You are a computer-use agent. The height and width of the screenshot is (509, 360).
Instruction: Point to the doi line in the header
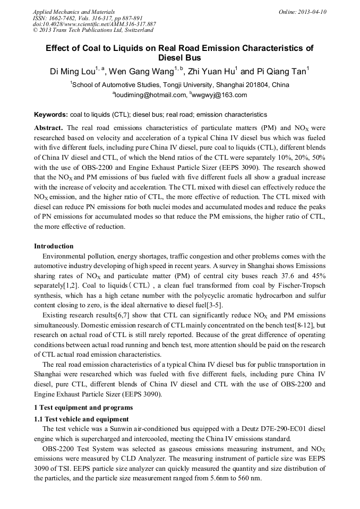pyautogui.click(x=94, y=24)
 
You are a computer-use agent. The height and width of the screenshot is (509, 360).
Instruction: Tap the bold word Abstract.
pyautogui.click(x=48, y=128)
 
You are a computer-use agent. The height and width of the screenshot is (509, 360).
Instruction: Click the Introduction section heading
pyautogui.click(x=54, y=246)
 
